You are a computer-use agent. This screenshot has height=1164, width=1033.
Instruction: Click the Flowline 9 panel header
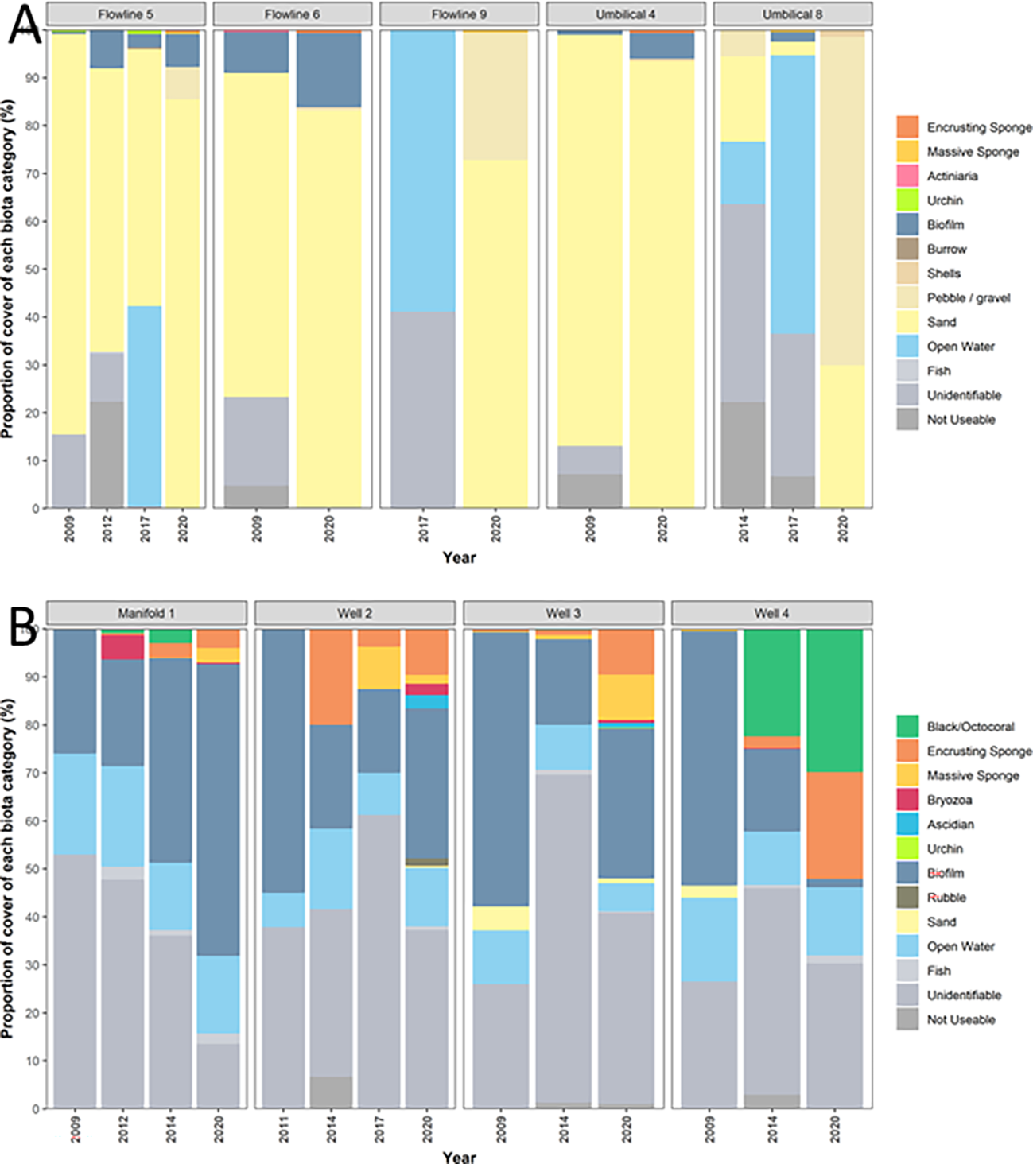point(459,14)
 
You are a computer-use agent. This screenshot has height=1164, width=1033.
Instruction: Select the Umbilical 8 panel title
point(792,14)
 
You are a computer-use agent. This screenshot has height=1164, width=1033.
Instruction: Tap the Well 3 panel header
point(563,613)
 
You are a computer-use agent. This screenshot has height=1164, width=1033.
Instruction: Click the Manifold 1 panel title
point(146,613)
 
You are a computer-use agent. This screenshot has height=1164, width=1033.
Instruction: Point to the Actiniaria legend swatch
point(907,176)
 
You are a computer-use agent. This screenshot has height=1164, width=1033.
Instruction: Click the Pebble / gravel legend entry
point(968,298)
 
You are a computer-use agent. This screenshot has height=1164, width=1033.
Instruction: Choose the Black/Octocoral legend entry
point(970,727)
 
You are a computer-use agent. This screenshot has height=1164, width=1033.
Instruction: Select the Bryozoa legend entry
point(949,800)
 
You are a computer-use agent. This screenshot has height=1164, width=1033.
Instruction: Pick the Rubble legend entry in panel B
point(946,898)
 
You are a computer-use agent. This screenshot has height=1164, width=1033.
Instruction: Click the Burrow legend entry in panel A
point(946,249)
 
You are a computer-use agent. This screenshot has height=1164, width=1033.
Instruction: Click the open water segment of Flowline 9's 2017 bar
point(424,171)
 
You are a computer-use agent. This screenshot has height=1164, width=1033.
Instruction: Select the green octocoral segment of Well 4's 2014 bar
point(771,683)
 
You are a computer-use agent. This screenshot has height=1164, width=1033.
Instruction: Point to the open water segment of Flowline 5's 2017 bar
point(145,406)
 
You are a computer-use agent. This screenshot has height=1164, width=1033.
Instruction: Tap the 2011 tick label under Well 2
point(284,1130)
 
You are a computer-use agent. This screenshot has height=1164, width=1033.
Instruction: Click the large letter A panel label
point(24,25)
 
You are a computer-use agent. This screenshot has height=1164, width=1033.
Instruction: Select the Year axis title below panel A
point(459,557)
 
